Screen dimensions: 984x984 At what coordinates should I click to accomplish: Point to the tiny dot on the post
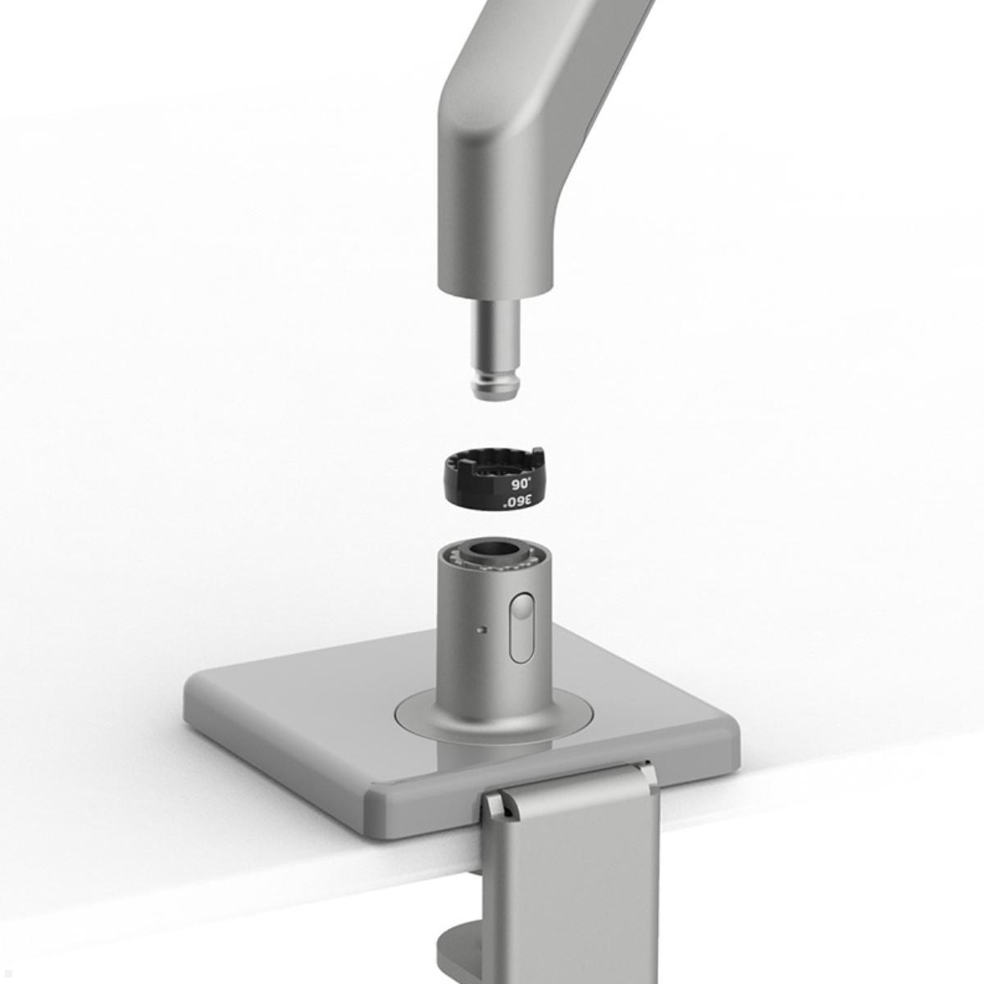point(481,631)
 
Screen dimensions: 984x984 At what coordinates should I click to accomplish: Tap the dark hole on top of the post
point(496,550)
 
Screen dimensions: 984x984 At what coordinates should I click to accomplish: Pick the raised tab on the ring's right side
point(537,453)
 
